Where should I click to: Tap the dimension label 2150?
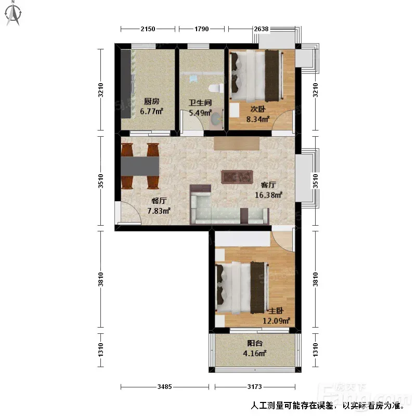[148, 29]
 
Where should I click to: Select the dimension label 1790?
[202, 29]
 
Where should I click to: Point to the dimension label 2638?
[262, 29]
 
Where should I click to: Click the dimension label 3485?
[164, 387]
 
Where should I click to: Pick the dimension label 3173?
[254, 387]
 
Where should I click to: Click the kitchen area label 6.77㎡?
[151, 111]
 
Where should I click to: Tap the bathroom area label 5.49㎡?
[200, 113]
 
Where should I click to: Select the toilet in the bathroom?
[215, 88]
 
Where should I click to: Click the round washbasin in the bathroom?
[216, 119]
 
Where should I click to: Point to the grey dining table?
[140, 166]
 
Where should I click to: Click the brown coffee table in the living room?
[237, 177]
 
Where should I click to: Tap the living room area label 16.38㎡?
[268, 195]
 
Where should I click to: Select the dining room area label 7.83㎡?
[159, 211]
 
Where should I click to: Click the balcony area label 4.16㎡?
[255, 354]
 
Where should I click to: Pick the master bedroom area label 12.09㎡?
[277, 321]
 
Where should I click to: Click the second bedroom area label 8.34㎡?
[258, 119]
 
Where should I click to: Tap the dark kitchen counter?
[126, 84]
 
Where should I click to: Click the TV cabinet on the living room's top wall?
[237, 144]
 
